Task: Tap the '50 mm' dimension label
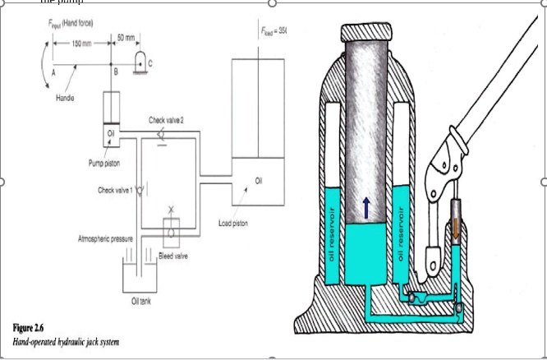(126, 36)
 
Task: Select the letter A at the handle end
(53, 72)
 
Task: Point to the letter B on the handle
(116, 72)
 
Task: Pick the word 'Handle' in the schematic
(65, 97)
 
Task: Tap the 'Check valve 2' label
(165, 120)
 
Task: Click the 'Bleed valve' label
(172, 255)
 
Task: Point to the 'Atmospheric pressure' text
(106, 238)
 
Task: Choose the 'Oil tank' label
(143, 301)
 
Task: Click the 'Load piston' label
(233, 223)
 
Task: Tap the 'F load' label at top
(272, 30)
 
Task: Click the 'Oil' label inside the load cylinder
(260, 180)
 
